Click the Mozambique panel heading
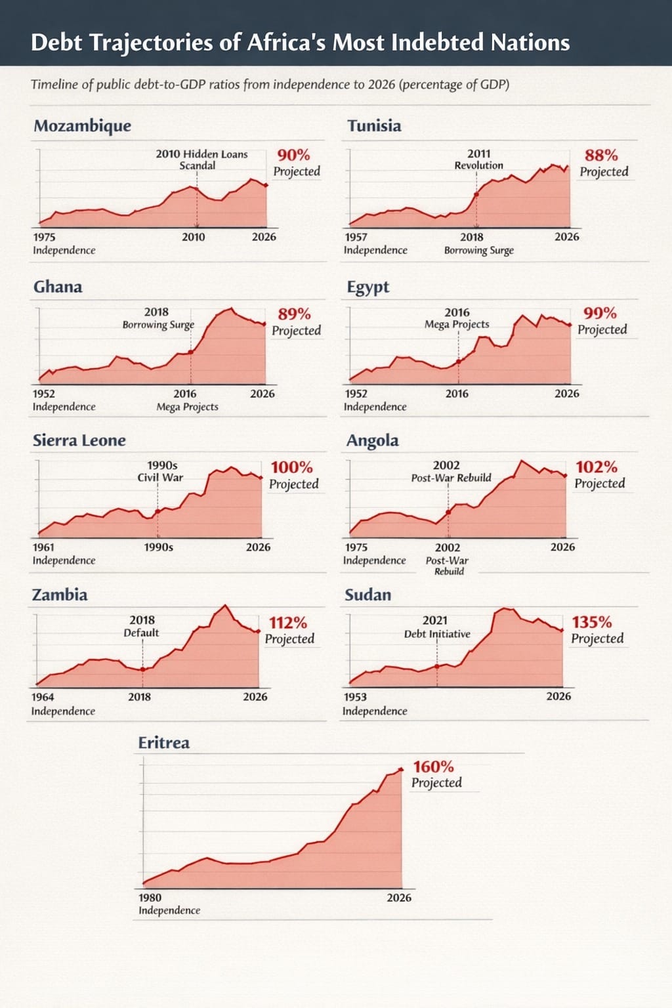click(x=82, y=126)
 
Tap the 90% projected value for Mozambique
click(x=293, y=156)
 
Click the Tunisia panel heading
click(x=374, y=126)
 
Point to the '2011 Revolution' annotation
click(x=478, y=159)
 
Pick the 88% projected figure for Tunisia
click(x=601, y=156)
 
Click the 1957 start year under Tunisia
click(x=356, y=237)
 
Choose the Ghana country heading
click(x=58, y=287)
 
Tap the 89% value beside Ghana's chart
click(x=294, y=314)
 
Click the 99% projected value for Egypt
click(x=600, y=314)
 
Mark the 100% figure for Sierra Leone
click(x=291, y=468)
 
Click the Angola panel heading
click(x=372, y=440)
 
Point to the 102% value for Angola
click(x=596, y=467)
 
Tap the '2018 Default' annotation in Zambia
click(x=142, y=626)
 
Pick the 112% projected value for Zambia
click(x=287, y=623)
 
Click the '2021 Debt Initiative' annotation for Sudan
click(x=436, y=627)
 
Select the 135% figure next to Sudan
click(x=591, y=622)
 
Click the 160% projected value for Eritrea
click(x=433, y=766)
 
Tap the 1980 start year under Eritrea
click(x=150, y=898)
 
